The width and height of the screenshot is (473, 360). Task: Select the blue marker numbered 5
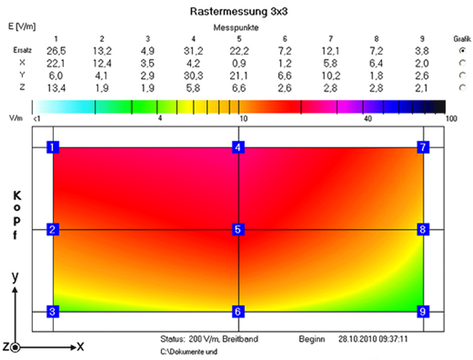pos(238,229)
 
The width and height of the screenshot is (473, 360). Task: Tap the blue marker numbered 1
pos(53,147)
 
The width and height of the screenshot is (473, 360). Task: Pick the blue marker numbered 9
pos(424,311)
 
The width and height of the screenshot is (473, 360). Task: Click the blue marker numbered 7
pos(424,147)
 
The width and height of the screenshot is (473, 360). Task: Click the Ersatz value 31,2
pos(194,51)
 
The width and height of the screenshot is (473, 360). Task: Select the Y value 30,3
pos(194,76)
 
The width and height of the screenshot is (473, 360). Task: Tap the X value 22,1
pos(56,64)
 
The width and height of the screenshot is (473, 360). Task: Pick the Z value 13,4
pos(56,88)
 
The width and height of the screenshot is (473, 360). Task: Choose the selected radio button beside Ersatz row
pos(462,51)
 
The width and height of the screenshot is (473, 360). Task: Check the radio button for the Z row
pos(462,88)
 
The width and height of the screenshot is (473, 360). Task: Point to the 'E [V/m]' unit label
pos(22,26)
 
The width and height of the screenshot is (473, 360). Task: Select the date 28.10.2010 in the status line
pos(355,339)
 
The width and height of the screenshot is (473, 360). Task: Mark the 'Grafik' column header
pos(462,39)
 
